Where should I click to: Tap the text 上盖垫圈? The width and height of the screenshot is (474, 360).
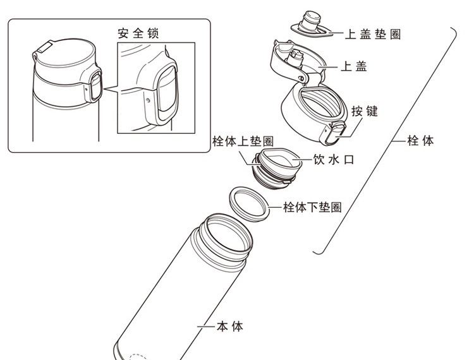pos(372,34)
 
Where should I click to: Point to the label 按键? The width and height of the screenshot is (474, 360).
pos(364,111)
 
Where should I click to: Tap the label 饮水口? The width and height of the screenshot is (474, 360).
pos(333,160)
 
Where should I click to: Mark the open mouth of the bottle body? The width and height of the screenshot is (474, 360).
pos(224,236)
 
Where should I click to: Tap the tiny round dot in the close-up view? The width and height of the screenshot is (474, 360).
pos(148,99)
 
